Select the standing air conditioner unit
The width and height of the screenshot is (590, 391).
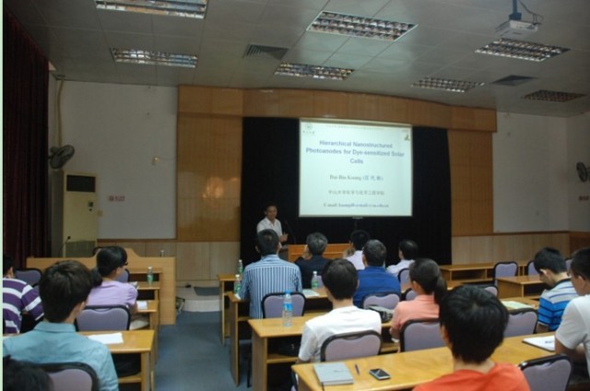[x=79, y=213]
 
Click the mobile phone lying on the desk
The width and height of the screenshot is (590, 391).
[x=379, y=373]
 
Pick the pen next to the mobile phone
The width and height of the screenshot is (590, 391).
[x=357, y=369]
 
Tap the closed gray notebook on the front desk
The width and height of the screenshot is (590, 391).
[x=332, y=373]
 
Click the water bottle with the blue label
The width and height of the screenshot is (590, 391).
[x=288, y=307]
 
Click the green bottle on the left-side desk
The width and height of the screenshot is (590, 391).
[x=150, y=275]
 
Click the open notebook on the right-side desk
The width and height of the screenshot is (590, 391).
[x=540, y=342]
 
